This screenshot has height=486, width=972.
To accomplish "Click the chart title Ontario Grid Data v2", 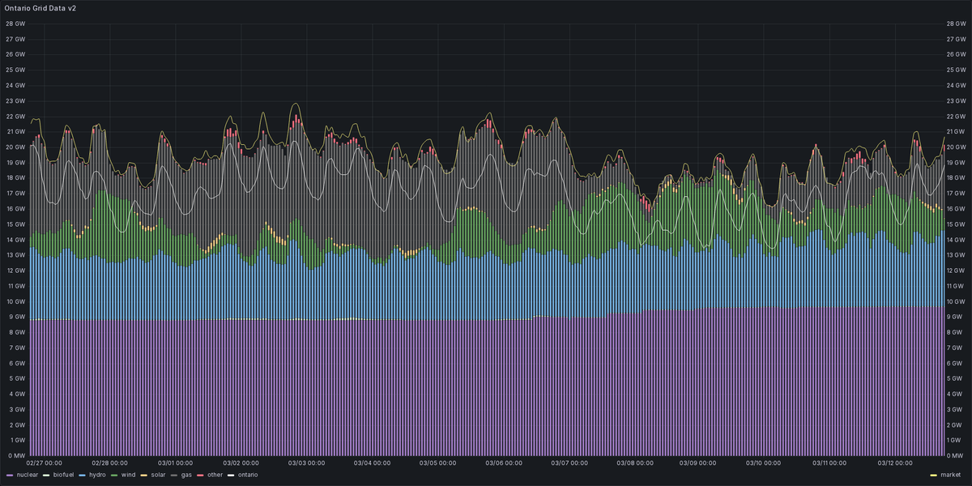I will [x=40, y=7].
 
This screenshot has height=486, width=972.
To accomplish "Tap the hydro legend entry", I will [x=97, y=475].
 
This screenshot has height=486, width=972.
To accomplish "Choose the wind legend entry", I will [x=128, y=475].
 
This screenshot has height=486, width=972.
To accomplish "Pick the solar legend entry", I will [x=157, y=475].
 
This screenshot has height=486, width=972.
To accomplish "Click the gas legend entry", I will [x=185, y=475].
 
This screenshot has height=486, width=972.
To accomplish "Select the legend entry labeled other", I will [x=215, y=475].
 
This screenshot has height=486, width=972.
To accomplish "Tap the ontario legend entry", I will [x=247, y=475].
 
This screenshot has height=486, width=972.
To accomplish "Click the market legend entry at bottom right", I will [x=949, y=475].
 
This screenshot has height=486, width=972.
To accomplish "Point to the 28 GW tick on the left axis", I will [x=15, y=23].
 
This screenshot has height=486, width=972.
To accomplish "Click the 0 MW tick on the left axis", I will [x=15, y=456].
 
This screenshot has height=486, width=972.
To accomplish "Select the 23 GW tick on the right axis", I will [x=957, y=100].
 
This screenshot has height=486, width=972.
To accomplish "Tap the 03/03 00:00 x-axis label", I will [x=307, y=464].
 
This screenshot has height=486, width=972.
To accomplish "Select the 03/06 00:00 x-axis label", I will [x=504, y=464].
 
